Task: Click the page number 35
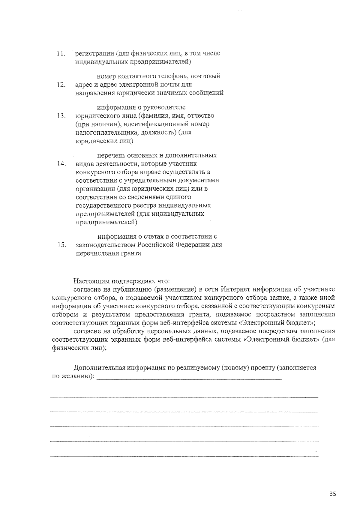coord(332,494)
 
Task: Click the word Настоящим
coord(92,281)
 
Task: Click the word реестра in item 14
coord(131,205)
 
